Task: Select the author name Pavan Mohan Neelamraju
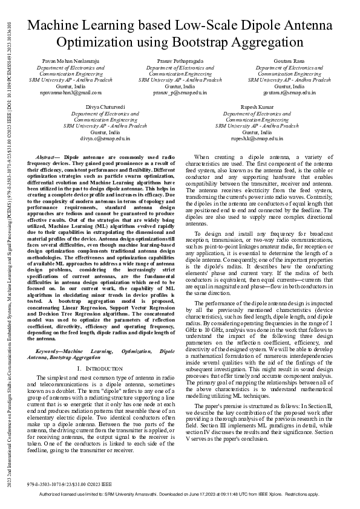71,61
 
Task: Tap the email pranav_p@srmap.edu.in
180,93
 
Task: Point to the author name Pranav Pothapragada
180,61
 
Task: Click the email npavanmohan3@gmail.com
71,93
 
